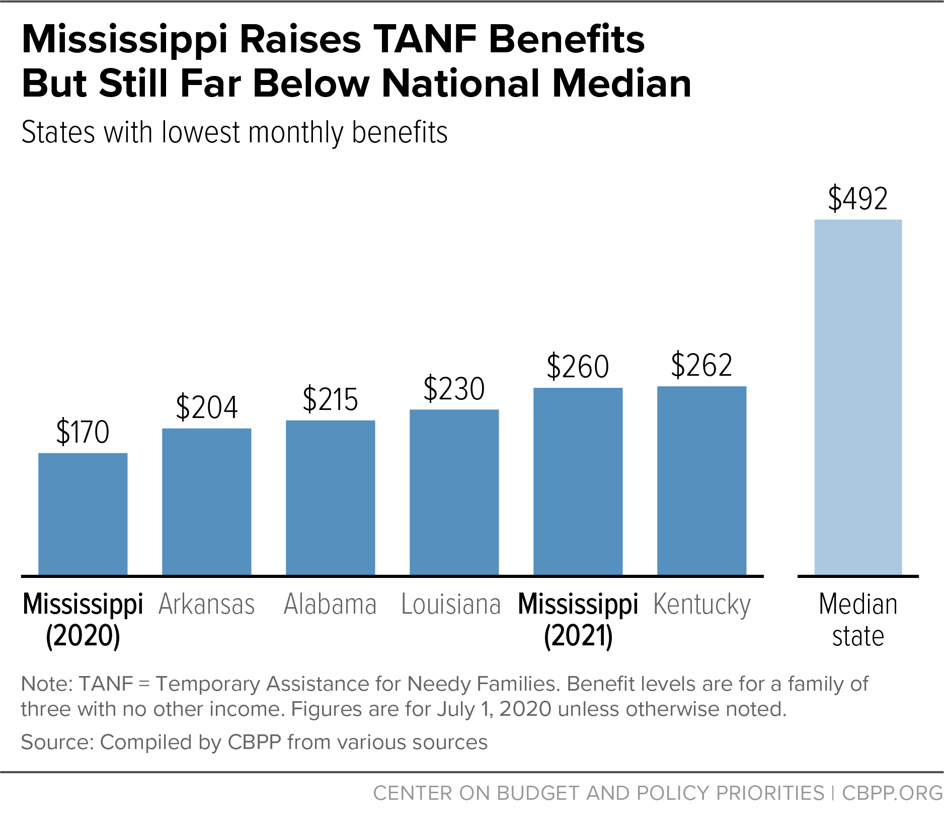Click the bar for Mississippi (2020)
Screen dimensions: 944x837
click(83, 514)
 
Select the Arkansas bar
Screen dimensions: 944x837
click(207, 502)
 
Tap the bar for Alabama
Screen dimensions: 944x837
click(331, 498)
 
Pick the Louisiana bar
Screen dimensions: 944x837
click(454, 492)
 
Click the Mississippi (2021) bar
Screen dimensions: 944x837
click(578, 481)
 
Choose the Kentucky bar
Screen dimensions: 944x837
click(702, 481)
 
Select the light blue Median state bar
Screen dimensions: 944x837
click(858, 397)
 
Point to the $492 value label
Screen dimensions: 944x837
click(858, 198)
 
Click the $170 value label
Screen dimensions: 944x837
click(83, 432)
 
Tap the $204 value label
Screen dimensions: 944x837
click(207, 407)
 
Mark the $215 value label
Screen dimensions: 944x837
click(331, 400)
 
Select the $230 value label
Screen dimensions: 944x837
click(454, 389)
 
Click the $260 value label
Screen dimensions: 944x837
click(578, 367)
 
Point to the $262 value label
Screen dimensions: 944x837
click(702, 365)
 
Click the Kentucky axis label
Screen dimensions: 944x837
click(702, 606)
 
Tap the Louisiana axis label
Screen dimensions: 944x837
click(451, 604)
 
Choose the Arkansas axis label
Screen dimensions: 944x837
click(207, 604)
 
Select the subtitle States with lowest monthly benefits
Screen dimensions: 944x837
click(234, 133)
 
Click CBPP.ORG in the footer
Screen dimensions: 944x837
click(893, 793)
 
